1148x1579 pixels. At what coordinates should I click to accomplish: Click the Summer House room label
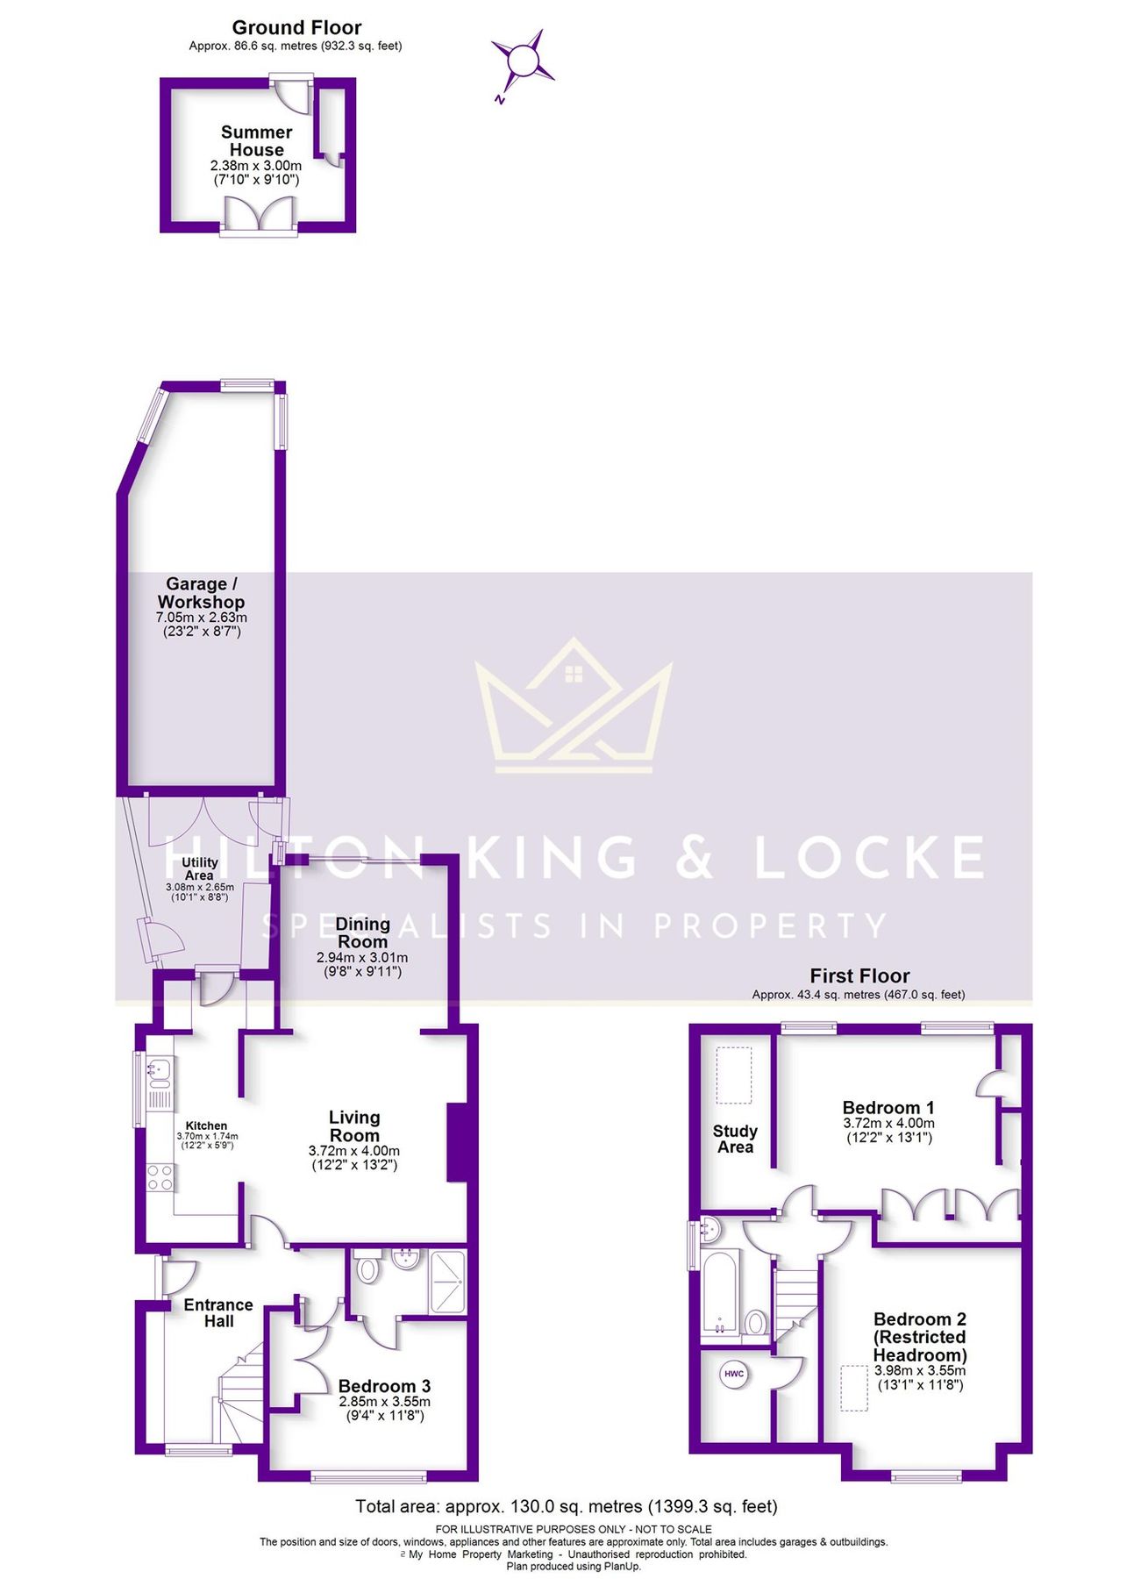(256, 140)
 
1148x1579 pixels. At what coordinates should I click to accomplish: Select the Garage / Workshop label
(202, 593)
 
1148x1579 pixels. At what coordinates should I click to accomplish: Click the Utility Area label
(199, 868)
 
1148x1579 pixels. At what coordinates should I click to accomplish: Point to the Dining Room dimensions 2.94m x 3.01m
(362, 958)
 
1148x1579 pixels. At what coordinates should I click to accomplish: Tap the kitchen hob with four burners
(160, 1176)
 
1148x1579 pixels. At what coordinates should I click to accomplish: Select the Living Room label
(354, 1126)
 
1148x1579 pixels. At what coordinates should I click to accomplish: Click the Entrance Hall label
(218, 1313)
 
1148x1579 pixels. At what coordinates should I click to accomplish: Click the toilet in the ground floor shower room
(368, 1266)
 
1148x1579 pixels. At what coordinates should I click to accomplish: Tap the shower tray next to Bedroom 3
(447, 1282)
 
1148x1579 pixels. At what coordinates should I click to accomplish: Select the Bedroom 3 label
(384, 1386)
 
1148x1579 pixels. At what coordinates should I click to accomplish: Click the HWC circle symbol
(734, 1374)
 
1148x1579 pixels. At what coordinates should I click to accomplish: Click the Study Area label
(735, 1139)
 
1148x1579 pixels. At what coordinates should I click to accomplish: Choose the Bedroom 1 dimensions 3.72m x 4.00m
(888, 1123)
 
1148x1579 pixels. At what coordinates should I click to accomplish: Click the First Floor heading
(859, 975)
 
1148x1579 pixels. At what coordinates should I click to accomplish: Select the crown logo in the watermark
(574, 705)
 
